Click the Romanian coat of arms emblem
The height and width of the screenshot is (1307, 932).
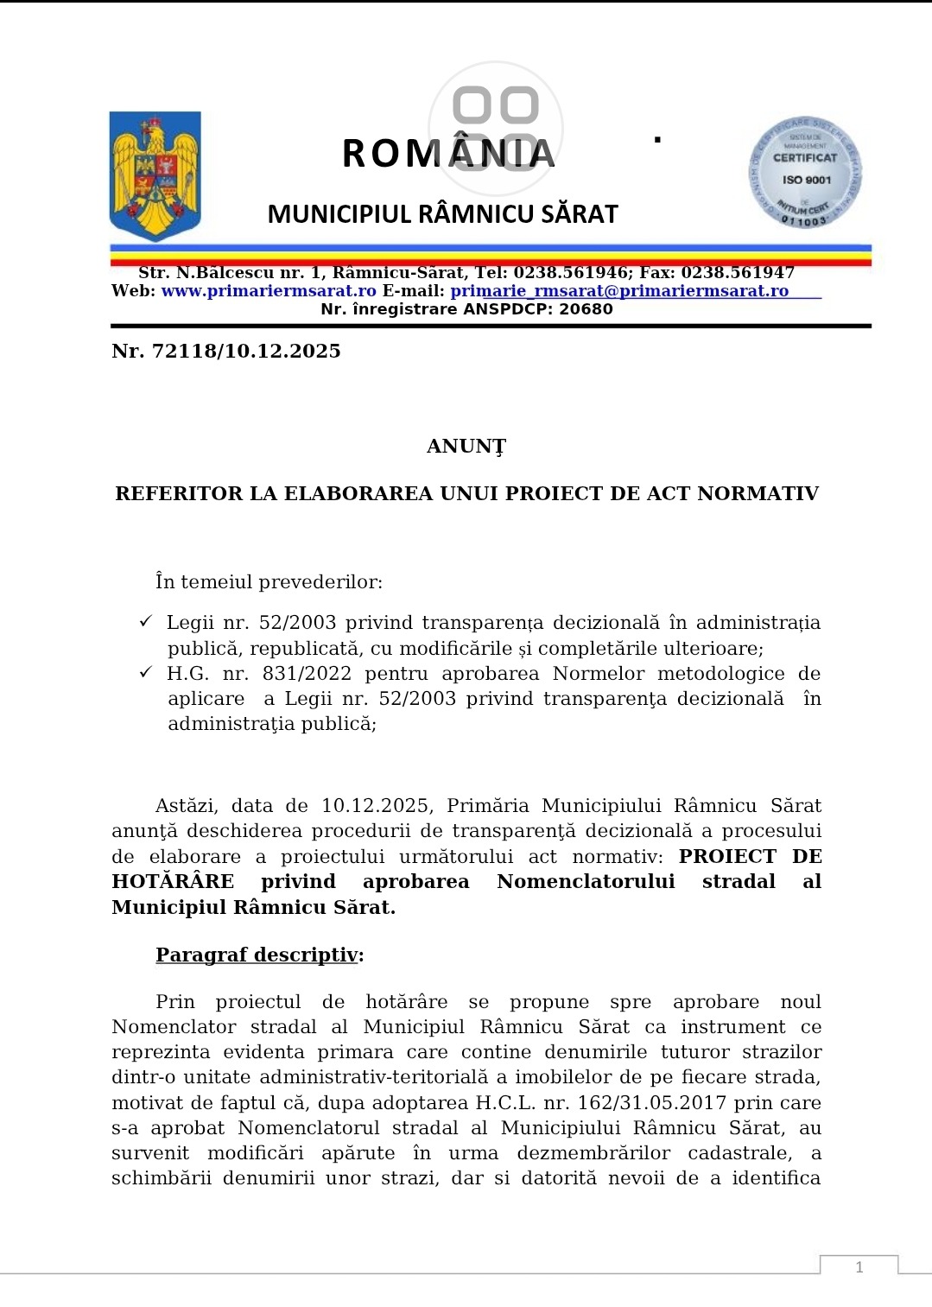pos(155,174)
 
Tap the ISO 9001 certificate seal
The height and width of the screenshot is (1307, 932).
pos(805,173)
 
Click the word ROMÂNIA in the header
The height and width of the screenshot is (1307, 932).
pos(448,154)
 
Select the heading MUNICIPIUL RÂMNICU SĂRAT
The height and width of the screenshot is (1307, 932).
pos(442,214)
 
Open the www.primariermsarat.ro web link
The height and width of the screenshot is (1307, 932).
pos(269,291)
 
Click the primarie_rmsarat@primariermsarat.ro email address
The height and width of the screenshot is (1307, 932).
pos(619,291)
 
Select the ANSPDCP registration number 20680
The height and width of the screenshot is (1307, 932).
pos(586,309)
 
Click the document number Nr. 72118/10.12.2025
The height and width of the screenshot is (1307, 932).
pos(226,351)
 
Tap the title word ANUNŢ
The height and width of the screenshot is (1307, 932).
pos(466,447)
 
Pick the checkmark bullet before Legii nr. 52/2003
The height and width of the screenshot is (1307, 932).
pos(146,622)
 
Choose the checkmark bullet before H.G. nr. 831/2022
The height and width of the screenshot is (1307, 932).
pos(146,672)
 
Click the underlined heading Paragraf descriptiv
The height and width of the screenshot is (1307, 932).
pos(257,955)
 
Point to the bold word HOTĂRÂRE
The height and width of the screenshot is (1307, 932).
pos(173,881)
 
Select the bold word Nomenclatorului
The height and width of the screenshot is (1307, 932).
pos(586,881)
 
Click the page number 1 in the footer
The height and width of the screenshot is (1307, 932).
pos(859,1267)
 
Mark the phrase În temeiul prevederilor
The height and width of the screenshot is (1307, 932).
pos(269,582)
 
